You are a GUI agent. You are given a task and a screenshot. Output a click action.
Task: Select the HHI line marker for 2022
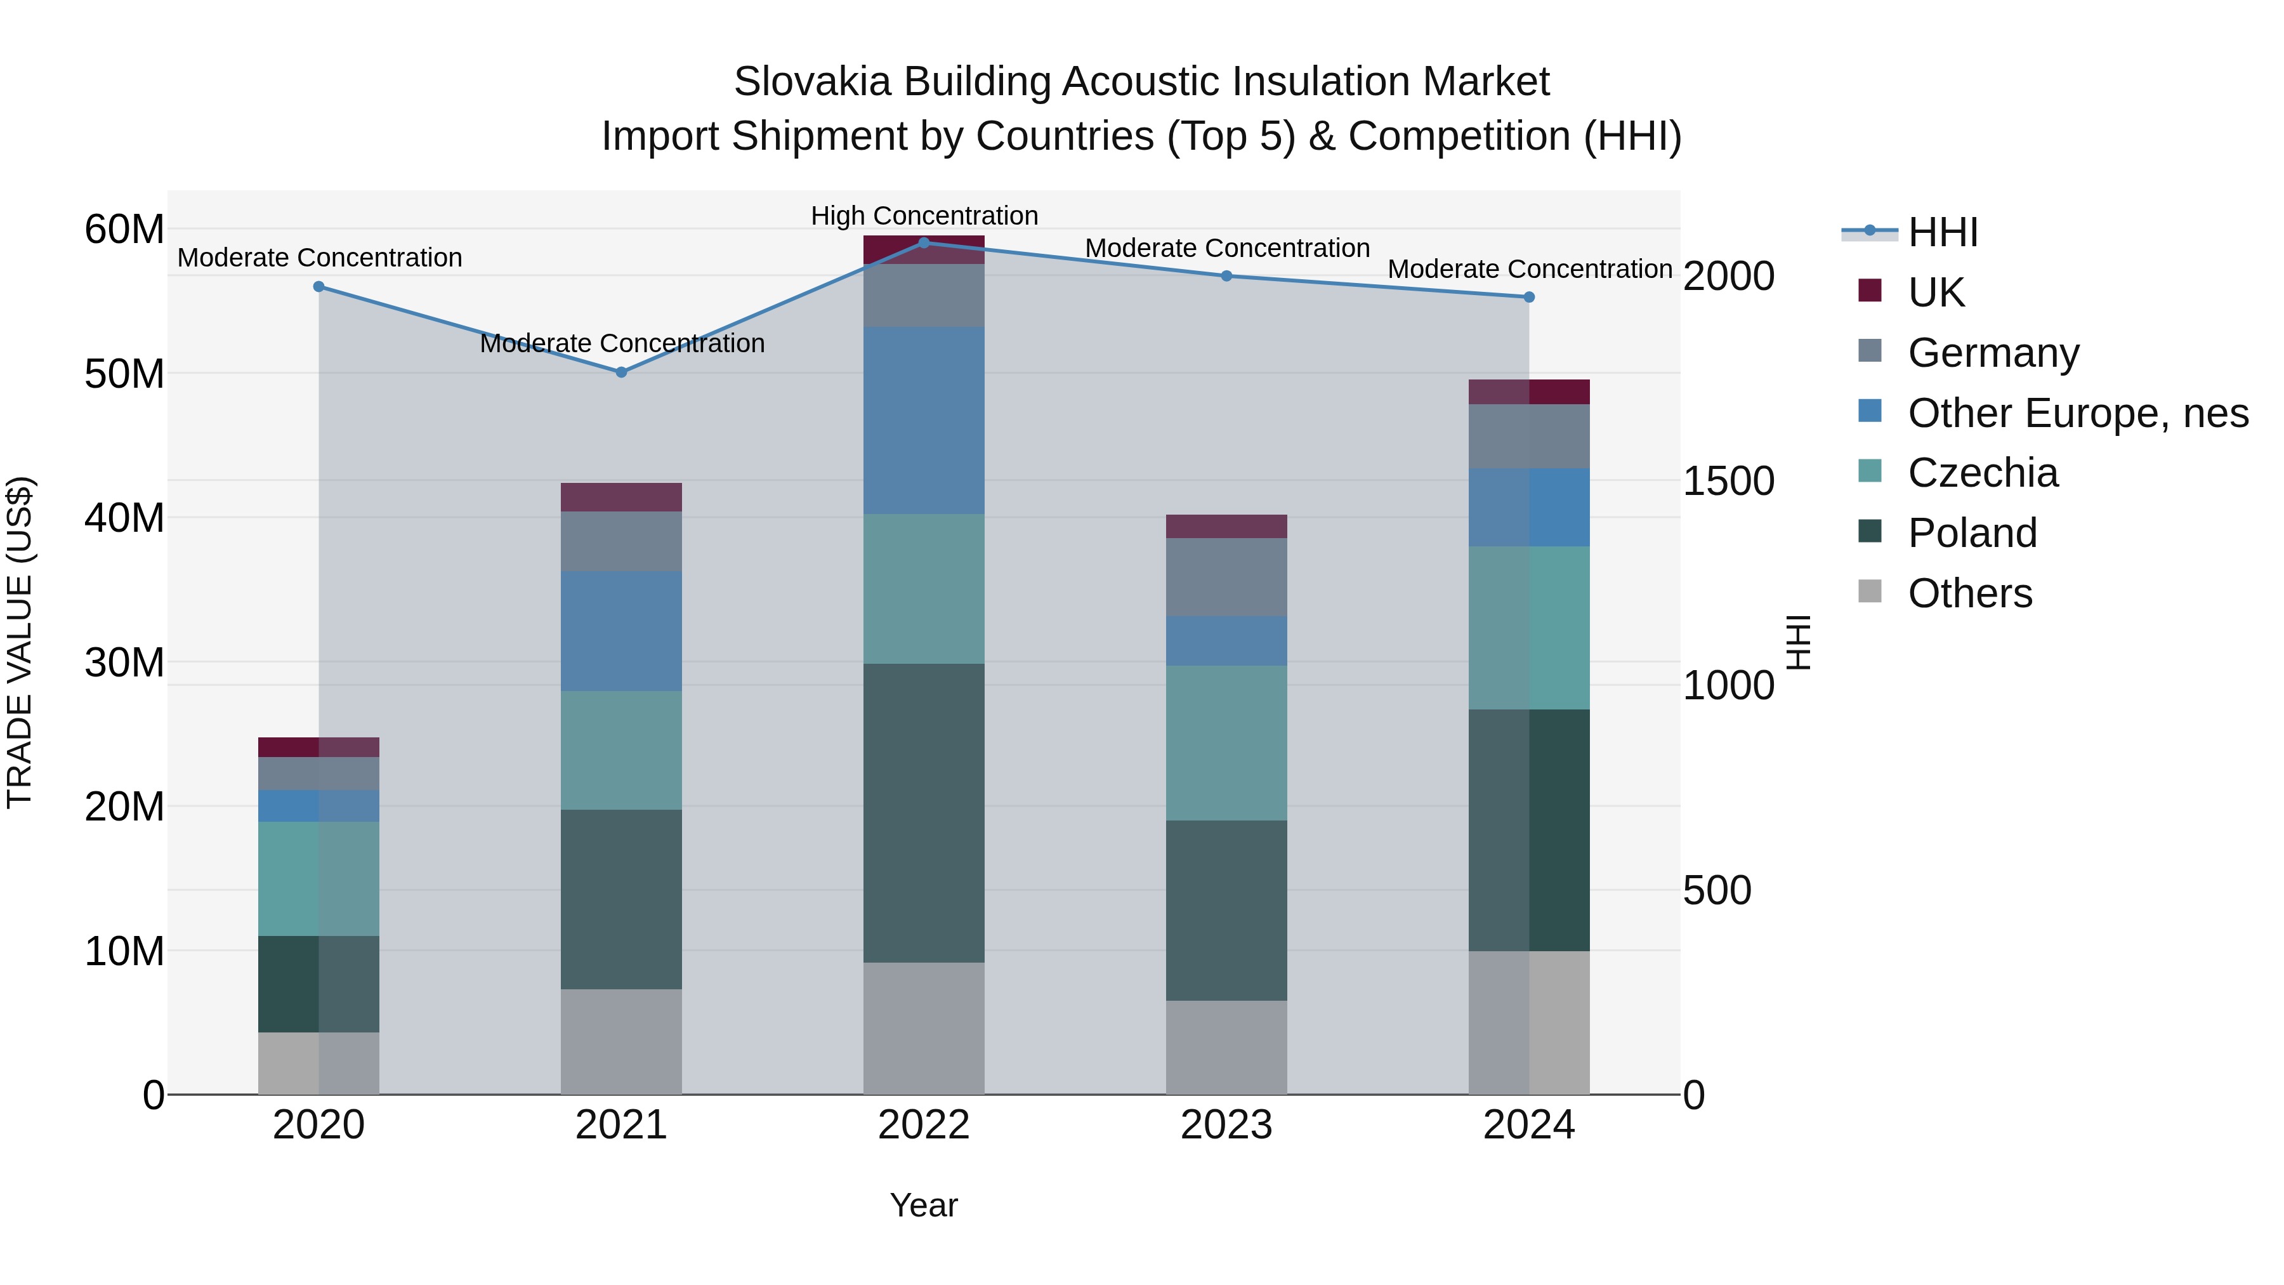click(x=924, y=243)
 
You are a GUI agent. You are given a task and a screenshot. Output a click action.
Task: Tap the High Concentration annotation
click(x=924, y=216)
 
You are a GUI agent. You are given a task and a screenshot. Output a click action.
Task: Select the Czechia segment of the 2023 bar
click(x=1226, y=742)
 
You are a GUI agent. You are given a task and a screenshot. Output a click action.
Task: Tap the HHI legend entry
click(x=1942, y=232)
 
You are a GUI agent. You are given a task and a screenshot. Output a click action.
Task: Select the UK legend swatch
click(x=1869, y=291)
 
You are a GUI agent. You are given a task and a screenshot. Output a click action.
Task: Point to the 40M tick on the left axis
click(x=124, y=518)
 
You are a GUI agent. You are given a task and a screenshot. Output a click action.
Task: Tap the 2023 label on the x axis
click(x=1226, y=1125)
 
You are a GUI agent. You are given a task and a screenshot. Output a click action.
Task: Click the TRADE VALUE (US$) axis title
click(x=20, y=642)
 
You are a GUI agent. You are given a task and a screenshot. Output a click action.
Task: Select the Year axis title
click(x=924, y=1205)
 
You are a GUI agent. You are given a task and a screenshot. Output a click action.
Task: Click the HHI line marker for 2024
click(x=1528, y=297)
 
